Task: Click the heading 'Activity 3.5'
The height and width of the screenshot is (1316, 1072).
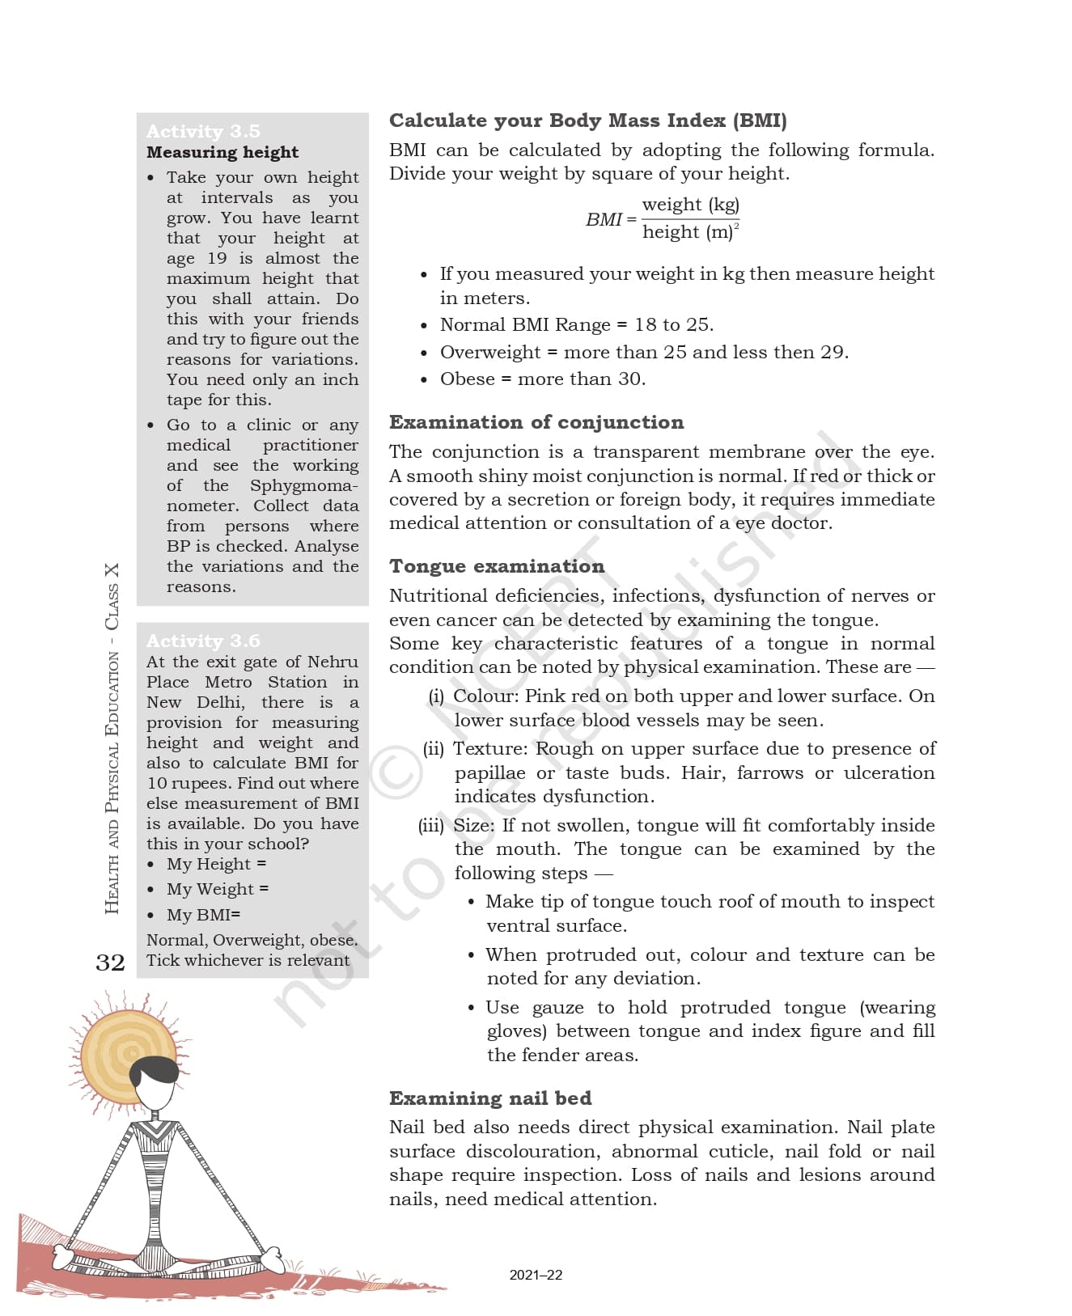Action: (x=203, y=131)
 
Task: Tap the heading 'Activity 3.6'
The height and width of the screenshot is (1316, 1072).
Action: (x=203, y=641)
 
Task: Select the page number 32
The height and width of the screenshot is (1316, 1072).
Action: (x=111, y=963)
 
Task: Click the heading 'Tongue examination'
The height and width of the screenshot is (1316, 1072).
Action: (x=497, y=566)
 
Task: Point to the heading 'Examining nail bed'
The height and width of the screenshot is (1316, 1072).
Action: (x=490, y=1098)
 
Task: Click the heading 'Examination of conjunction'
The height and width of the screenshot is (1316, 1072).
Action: (x=536, y=422)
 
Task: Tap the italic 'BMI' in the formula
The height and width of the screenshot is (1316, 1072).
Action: (x=604, y=219)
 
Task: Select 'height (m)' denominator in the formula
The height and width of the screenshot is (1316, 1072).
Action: (x=689, y=232)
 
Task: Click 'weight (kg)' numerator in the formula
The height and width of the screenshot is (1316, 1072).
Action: (x=690, y=205)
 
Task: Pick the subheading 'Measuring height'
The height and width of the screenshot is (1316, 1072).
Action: (x=222, y=152)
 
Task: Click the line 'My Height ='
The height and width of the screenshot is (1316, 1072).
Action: (x=216, y=864)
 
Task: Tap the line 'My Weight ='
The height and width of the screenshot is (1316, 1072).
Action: (x=218, y=889)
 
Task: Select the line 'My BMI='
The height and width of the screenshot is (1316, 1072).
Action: (x=203, y=915)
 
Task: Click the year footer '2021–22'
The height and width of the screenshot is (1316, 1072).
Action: (x=536, y=1275)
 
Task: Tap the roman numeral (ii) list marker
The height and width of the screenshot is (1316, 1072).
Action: (x=434, y=749)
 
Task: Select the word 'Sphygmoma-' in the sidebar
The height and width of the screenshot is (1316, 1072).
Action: (x=304, y=485)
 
